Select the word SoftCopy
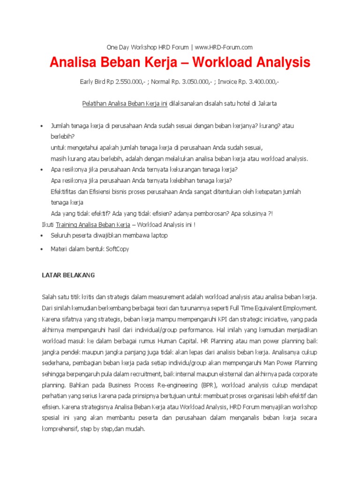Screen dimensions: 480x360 (117, 249)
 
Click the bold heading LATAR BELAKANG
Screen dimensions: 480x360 (68, 275)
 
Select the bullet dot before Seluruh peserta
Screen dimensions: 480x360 (42, 236)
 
